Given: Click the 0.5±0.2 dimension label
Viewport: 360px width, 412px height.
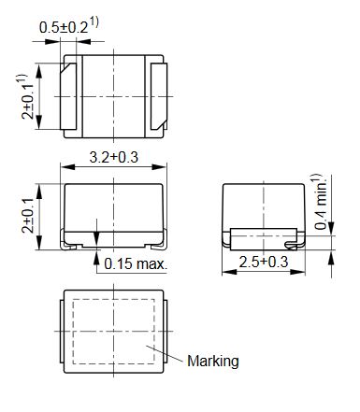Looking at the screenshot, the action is pos(64,28).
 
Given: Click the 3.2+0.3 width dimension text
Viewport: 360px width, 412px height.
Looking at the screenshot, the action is pos(113,157).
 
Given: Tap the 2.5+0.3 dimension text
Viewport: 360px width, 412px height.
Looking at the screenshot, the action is pos(264,262).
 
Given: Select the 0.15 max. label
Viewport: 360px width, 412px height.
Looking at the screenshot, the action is pos(136,264).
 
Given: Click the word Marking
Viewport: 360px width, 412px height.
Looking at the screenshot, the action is pos(213,362).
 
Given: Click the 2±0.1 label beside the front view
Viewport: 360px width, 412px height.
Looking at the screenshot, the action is pos(27,216).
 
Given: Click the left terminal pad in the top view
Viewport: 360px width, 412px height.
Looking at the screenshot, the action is pos(68,96).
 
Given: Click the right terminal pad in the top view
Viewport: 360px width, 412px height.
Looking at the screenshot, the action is pos(159,96).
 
